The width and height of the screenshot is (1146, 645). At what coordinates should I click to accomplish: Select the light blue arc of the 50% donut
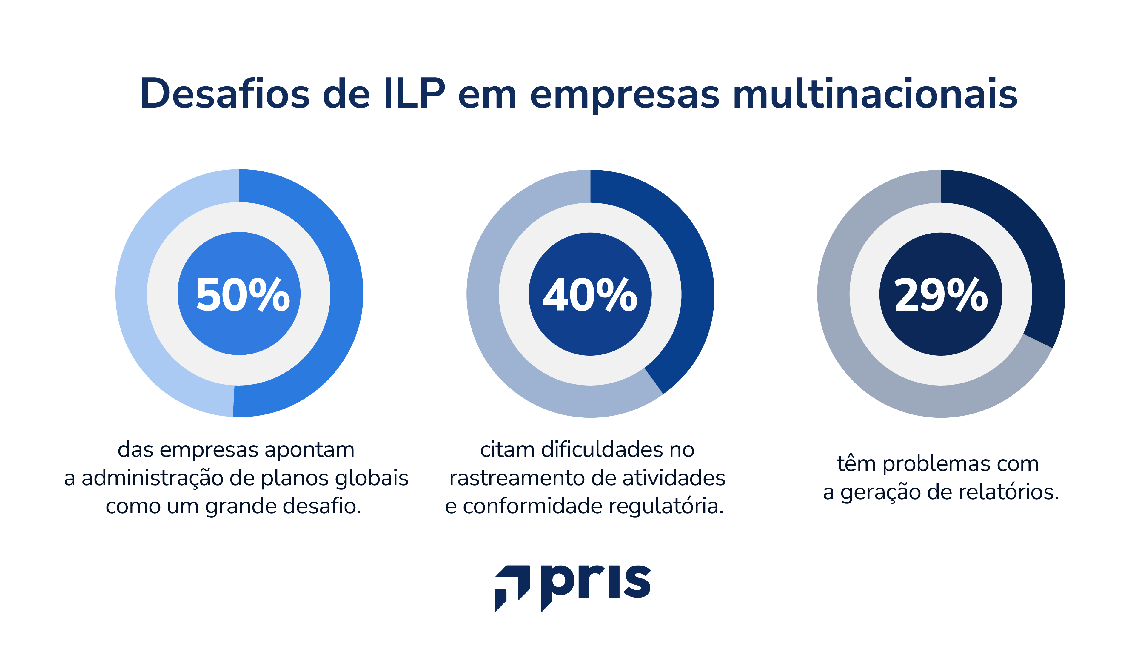[132, 294]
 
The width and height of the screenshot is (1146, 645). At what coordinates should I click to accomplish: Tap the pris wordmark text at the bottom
[596, 583]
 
